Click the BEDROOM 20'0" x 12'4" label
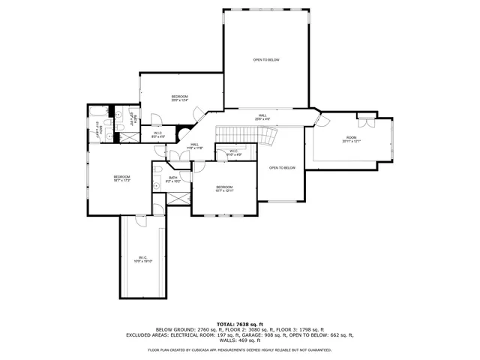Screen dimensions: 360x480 pyautogui.click(x=179, y=98)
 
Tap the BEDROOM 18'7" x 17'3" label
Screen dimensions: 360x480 pyautogui.click(x=122, y=178)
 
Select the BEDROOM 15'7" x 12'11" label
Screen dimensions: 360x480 pyautogui.click(x=224, y=188)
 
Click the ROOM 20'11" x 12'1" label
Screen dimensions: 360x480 pyautogui.click(x=352, y=139)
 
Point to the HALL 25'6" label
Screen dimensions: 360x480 pyautogui.click(x=262, y=117)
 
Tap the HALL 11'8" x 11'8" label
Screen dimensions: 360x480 pyautogui.click(x=194, y=146)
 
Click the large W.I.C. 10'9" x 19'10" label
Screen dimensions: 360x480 pyautogui.click(x=142, y=259)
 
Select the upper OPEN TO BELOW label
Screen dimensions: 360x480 pyautogui.click(x=266, y=59)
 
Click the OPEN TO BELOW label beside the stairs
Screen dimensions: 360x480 pyautogui.click(x=282, y=167)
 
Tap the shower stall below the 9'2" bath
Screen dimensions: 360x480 pyautogui.click(x=178, y=199)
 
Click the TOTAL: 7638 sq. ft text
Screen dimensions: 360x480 pyautogui.click(x=239, y=323)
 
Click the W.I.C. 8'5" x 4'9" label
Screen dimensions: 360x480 pyautogui.click(x=158, y=136)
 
